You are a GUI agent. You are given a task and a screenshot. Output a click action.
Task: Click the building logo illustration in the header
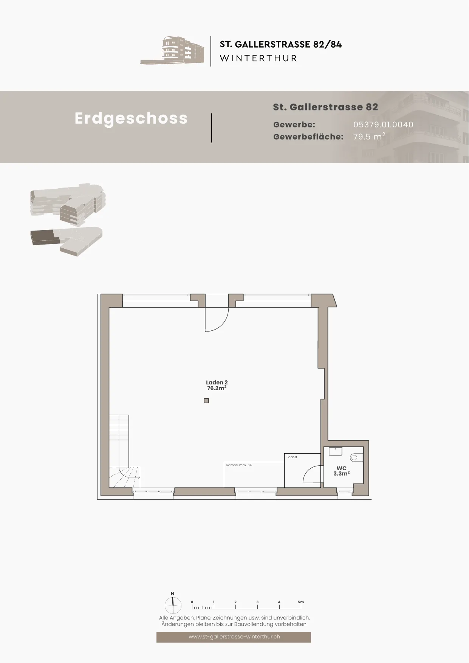(x=172, y=51)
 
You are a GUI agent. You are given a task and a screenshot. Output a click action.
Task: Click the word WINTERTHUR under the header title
(x=258, y=58)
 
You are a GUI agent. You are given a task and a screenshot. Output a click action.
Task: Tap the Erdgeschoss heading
(x=131, y=118)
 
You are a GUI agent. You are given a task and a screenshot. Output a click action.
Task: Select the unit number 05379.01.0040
(x=383, y=124)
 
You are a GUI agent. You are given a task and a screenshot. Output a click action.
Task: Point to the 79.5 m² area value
(x=369, y=136)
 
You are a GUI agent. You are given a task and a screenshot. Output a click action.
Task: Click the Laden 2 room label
(x=217, y=385)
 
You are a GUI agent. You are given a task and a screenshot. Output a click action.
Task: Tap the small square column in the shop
(x=206, y=401)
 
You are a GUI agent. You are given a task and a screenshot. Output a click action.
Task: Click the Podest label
(x=292, y=457)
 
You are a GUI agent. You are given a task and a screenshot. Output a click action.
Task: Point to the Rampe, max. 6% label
(x=239, y=465)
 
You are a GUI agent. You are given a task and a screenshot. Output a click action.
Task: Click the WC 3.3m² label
(x=341, y=471)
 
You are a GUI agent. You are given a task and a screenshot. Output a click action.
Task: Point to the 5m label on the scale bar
(x=301, y=602)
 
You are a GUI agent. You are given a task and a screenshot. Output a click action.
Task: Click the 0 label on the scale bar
(x=192, y=602)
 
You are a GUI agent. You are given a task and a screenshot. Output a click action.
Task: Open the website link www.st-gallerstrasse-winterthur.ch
(x=234, y=637)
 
